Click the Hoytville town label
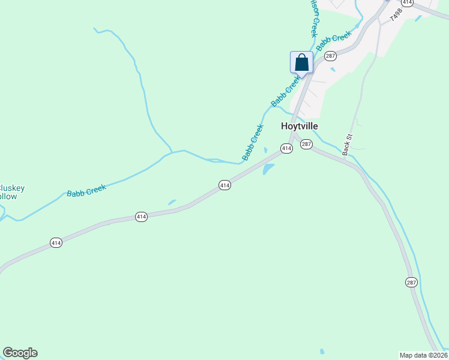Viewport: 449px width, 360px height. click(300, 126)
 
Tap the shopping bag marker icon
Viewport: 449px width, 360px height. click(301, 62)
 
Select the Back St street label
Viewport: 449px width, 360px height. click(346, 145)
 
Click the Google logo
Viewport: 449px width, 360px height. click(20, 353)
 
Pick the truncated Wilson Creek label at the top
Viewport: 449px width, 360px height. click(313, 18)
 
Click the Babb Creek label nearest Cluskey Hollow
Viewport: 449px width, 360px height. click(86, 191)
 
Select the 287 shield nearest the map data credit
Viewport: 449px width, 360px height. click(411, 283)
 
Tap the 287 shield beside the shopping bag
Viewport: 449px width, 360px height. click(330, 56)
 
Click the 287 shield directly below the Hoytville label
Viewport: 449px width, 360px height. click(306, 144)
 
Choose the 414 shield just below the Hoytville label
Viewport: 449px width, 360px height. click(286, 148)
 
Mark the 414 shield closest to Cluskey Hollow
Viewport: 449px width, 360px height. click(56, 242)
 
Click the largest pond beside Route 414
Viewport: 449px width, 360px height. click(268, 169)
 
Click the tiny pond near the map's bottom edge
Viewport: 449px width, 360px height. click(322, 351)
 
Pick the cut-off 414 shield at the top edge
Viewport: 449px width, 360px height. click(408, 2)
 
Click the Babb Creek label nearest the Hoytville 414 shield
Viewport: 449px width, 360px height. click(253, 142)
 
